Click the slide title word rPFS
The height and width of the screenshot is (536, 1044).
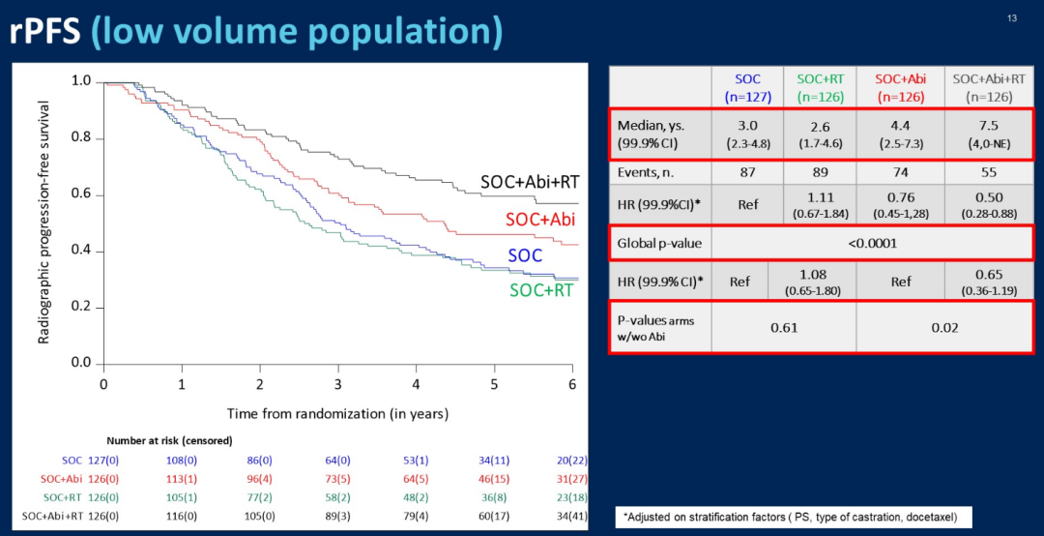[x=45, y=32]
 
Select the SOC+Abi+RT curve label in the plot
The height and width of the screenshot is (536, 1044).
[x=529, y=183]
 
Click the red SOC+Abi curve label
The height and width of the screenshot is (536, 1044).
[x=539, y=220]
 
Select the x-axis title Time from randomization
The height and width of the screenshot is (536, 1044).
[x=337, y=413]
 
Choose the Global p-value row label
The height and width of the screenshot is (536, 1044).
[x=660, y=243]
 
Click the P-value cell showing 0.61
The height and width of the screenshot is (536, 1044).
[x=783, y=327]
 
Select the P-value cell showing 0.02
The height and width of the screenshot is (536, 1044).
[x=944, y=327]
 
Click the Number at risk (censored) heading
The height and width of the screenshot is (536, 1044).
[x=169, y=441]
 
